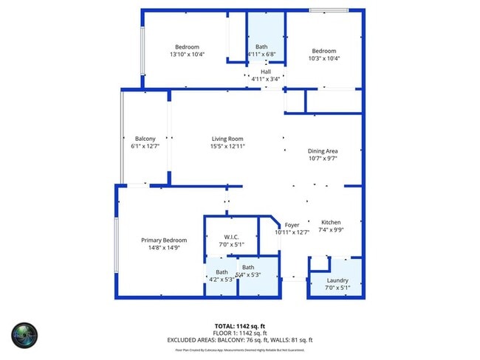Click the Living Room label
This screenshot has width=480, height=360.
(227, 139)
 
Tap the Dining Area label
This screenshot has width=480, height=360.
(322, 151)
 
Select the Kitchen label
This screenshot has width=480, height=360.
(330, 222)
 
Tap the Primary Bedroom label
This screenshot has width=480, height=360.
(164, 240)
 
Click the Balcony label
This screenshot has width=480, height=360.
(145, 139)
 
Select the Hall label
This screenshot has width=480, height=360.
(265, 72)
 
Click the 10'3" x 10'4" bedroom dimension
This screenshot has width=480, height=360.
(323, 58)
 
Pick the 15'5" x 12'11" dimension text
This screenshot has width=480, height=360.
(227, 146)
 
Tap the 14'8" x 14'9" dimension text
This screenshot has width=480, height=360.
(164, 247)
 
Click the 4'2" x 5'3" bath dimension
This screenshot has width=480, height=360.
(222, 280)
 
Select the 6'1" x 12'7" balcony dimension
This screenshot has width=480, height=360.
(145, 146)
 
